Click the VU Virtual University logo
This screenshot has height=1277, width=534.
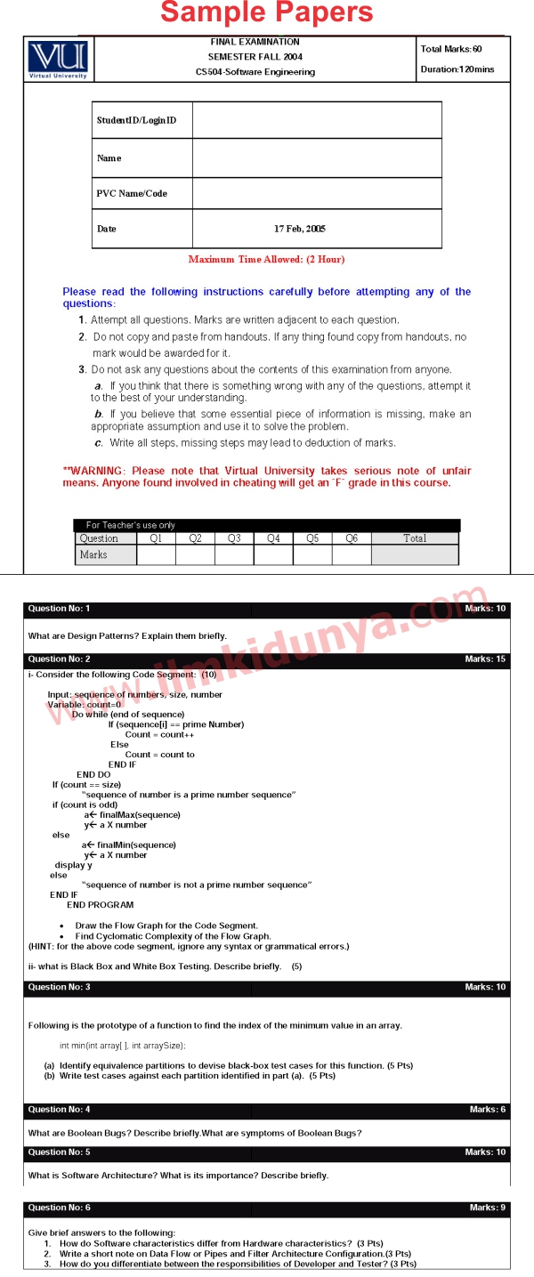click(58, 59)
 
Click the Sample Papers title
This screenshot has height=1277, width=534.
click(267, 12)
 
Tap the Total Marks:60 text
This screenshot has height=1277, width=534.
click(451, 49)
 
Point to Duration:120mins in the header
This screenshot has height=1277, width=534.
click(457, 69)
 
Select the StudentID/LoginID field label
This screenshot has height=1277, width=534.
click(136, 120)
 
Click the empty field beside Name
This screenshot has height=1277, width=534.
click(316, 158)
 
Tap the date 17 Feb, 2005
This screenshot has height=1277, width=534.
click(300, 229)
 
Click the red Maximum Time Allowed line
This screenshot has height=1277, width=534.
click(266, 260)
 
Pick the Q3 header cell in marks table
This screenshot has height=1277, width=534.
click(234, 538)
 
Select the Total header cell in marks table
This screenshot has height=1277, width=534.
click(415, 538)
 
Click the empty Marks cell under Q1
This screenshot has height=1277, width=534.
click(156, 554)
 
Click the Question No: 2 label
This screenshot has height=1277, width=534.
click(59, 659)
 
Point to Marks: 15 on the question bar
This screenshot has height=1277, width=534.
click(485, 659)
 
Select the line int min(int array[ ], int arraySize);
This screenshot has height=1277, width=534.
click(123, 1046)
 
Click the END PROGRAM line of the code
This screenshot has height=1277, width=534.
click(101, 905)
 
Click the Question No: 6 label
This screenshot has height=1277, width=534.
click(59, 1208)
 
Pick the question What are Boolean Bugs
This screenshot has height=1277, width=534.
click(195, 1133)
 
